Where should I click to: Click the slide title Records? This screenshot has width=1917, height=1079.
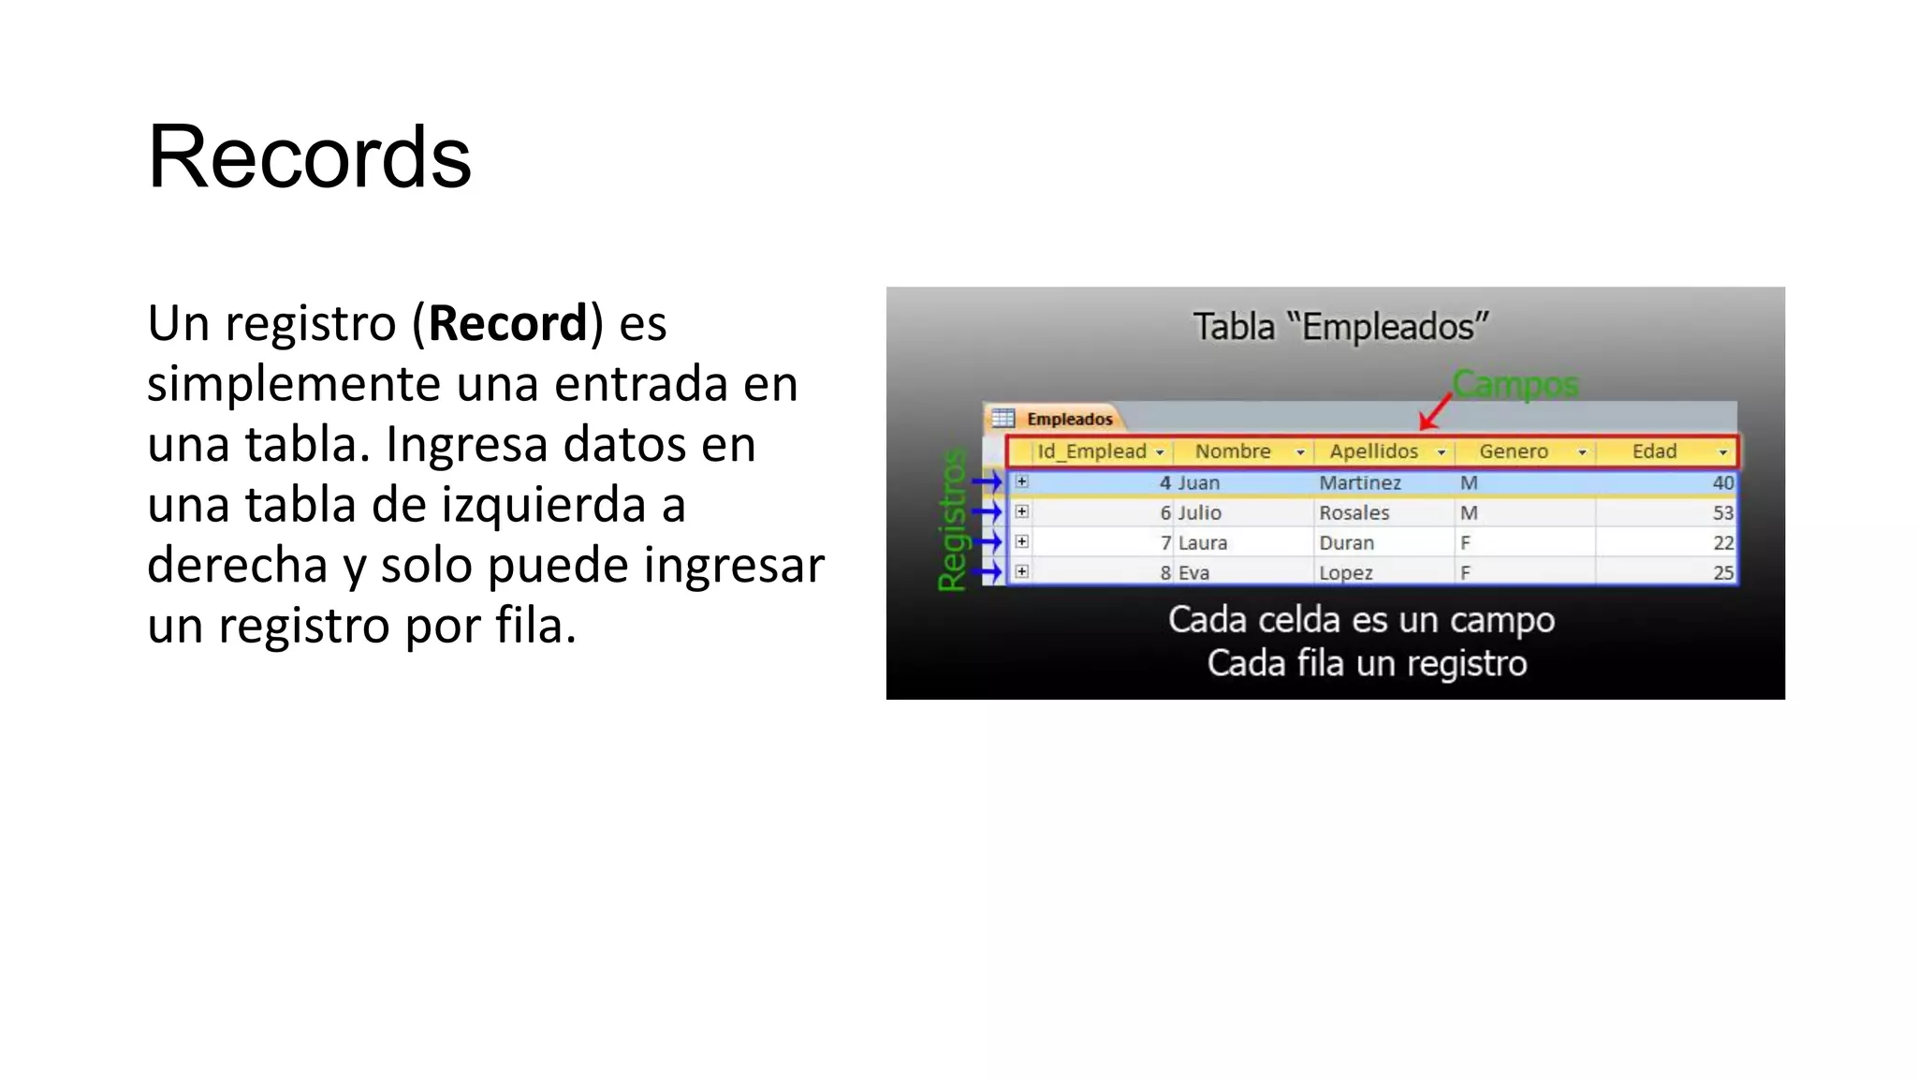coord(309,157)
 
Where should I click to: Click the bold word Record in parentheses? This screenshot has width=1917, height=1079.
coord(507,324)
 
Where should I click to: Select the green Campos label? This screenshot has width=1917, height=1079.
coord(1515,384)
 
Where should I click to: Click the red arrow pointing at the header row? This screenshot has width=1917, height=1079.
coord(1436,411)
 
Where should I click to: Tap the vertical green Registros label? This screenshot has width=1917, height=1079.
coord(952,520)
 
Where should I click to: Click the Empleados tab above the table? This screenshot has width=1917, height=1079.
coord(1069,419)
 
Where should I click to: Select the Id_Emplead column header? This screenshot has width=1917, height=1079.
coord(1091,451)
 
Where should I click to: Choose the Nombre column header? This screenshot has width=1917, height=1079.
coord(1233,451)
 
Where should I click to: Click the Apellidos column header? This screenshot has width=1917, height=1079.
coord(1373,451)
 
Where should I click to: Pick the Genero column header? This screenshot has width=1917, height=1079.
coord(1513,451)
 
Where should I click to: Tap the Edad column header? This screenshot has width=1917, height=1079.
coord(1654,451)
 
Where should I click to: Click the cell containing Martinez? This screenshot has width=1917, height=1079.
coord(1360,483)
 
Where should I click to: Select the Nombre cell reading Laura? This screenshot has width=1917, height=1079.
coord(1203,543)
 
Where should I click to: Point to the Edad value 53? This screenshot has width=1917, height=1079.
coord(1722,513)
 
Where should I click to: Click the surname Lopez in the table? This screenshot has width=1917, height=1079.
coord(1346,573)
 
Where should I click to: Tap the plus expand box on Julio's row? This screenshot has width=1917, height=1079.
coord(1022,512)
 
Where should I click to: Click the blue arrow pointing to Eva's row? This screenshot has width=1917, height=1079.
coord(988,571)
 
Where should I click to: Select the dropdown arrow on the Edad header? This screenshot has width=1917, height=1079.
coord(1722,452)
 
